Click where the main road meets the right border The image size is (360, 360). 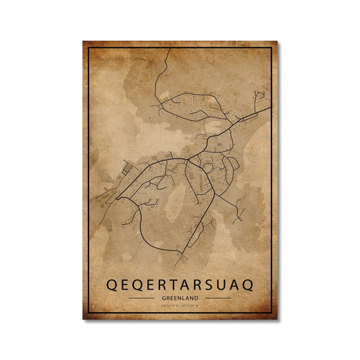[270, 107]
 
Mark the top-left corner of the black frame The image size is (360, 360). [89, 48]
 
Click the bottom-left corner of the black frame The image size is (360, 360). [89, 313]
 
